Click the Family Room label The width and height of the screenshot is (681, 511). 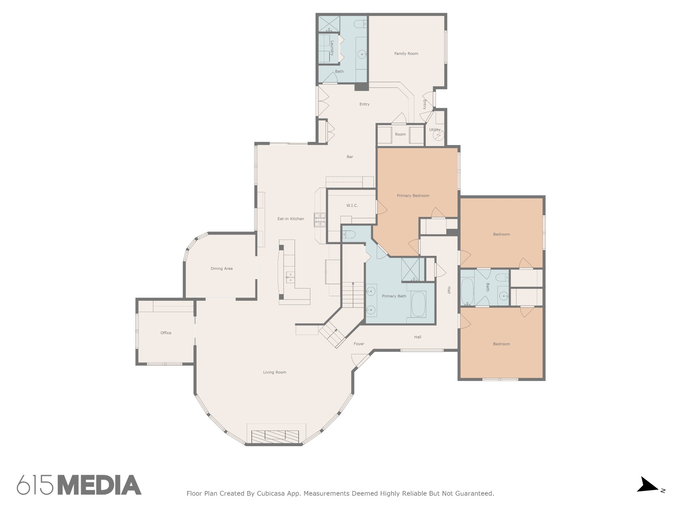pos(406,54)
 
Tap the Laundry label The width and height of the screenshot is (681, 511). pos(332,48)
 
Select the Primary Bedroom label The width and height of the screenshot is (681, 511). pos(413,196)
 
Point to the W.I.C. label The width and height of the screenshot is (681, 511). pos(352,206)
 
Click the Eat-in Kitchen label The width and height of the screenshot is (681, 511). pos(291,219)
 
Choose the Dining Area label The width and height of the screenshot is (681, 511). pos(221,269)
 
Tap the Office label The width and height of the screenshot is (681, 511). pos(166,333)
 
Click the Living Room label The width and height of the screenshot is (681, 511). pos(275,373)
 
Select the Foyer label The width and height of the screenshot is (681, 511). pos(359,344)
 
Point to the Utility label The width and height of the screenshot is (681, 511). pos(435,130)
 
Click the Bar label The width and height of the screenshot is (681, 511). pos(350,157)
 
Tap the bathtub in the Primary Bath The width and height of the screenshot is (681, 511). pos(419,304)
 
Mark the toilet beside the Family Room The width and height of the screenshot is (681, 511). pos(360,24)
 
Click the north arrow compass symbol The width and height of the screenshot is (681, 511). pos(647,494)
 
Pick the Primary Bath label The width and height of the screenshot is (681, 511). pos(394,296)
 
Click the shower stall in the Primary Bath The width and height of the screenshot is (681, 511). pos(410,270)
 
